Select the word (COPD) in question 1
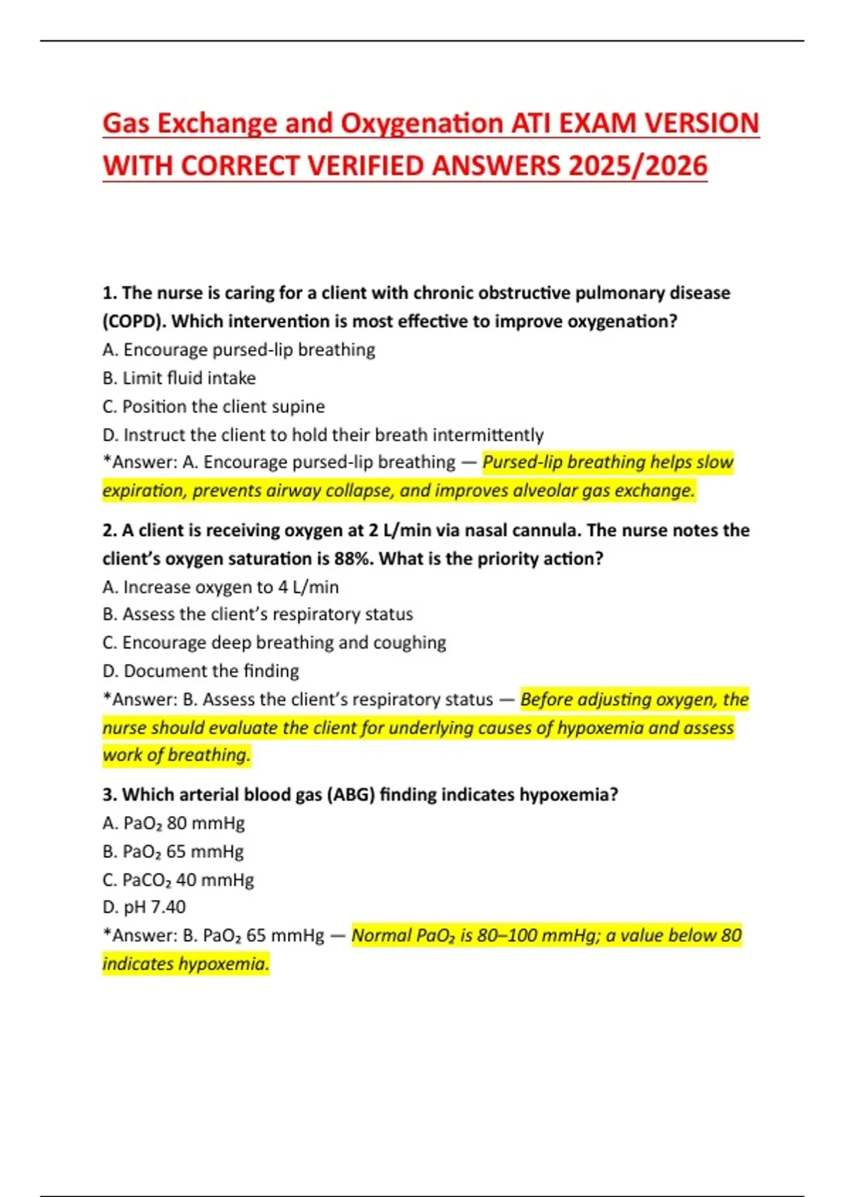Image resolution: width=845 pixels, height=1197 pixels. coord(134,322)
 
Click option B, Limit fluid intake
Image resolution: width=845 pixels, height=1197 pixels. coord(179,378)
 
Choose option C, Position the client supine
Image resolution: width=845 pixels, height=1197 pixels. coord(213,406)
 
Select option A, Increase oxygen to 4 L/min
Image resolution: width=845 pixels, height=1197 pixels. coord(220,587)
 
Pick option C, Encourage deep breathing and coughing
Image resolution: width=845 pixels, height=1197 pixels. coord(274,642)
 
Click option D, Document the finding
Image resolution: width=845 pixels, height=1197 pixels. coord(201,670)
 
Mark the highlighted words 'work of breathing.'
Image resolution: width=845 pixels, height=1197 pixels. coord(176,755)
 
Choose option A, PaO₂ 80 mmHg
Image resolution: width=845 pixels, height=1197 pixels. coord(174,823)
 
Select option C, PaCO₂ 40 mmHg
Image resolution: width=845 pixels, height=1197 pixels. coord(178,879)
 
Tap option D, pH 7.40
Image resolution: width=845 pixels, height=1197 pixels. coord(144,907)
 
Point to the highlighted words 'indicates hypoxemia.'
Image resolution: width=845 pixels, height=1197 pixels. coord(186,963)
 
